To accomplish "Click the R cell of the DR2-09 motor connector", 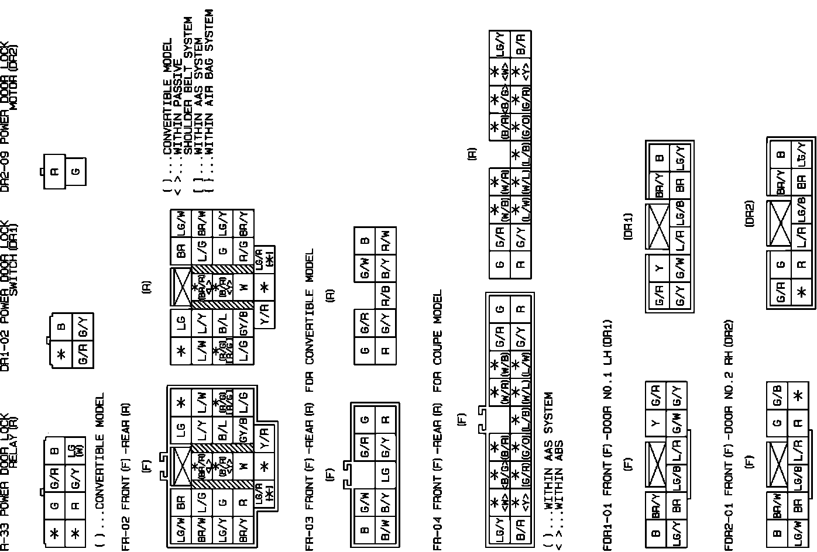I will (x=54, y=171).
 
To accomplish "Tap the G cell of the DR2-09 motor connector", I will (x=75, y=171).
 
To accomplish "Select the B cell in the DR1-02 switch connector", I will (x=62, y=325).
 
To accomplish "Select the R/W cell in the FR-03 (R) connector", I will (x=385, y=240).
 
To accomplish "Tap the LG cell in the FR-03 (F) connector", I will (x=385, y=474).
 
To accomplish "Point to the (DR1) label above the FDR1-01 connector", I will (x=628, y=226).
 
